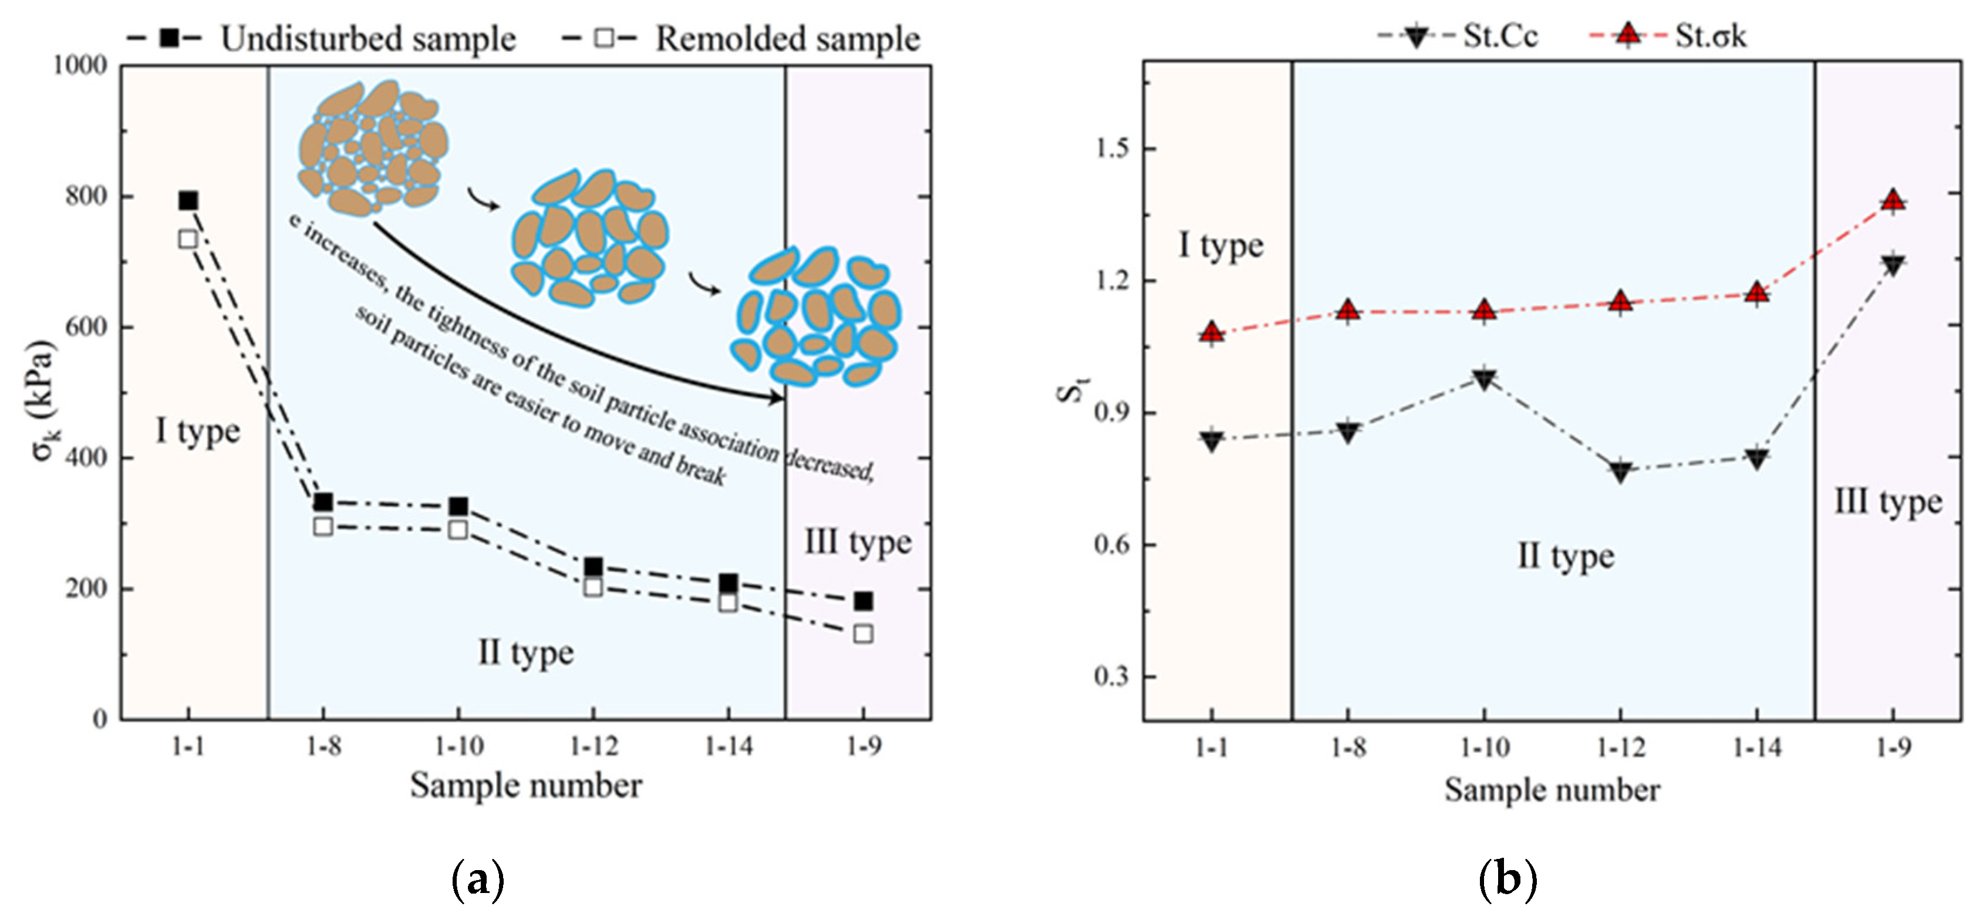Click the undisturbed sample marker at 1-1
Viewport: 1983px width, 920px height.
click(188, 201)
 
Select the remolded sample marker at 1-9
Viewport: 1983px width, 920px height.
click(863, 633)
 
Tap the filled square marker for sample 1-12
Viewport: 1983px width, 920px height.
click(593, 567)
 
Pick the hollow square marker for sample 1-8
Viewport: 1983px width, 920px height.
click(323, 527)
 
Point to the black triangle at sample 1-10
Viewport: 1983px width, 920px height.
click(1484, 379)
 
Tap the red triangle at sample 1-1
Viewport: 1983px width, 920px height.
click(1212, 332)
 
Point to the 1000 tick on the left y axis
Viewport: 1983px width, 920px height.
click(79, 65)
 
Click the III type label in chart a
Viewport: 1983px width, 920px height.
click(858, 542)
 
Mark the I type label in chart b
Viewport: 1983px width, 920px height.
click(1221, 245)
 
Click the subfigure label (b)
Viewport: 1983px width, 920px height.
click(1508, 878)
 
